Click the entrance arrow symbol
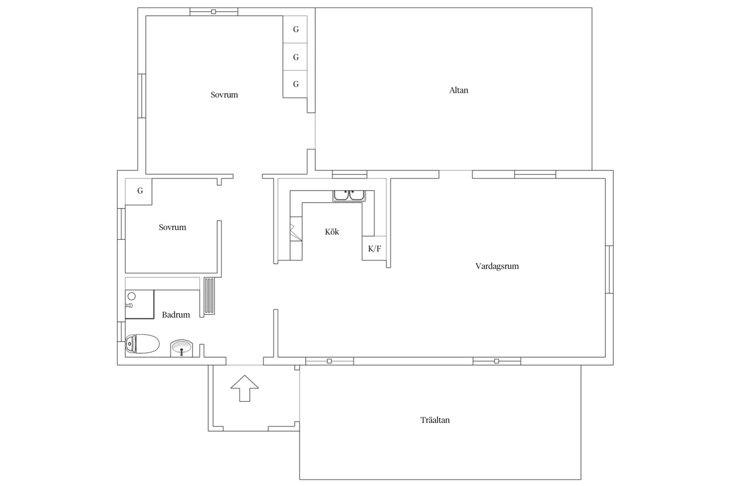[245, 388]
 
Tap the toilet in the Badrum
[142, 344]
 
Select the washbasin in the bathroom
[181, 348]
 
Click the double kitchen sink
[349, 196]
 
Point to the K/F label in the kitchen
[374, 249]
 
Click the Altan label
[459, 90]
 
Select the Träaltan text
[435, 420]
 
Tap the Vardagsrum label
[497, 266]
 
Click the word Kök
[332, 232]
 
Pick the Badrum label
[176, 315]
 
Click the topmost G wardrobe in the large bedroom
[295, 29]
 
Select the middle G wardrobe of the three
[295, 57]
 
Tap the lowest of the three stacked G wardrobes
[295, 84]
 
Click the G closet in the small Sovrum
[139, 192]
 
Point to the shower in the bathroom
[139, 304]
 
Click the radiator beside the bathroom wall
[209, 296]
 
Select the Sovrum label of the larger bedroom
[224, 95]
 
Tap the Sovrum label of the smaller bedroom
[172, 227]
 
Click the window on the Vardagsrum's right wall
[609, 270]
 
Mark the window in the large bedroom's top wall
[214, 12]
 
